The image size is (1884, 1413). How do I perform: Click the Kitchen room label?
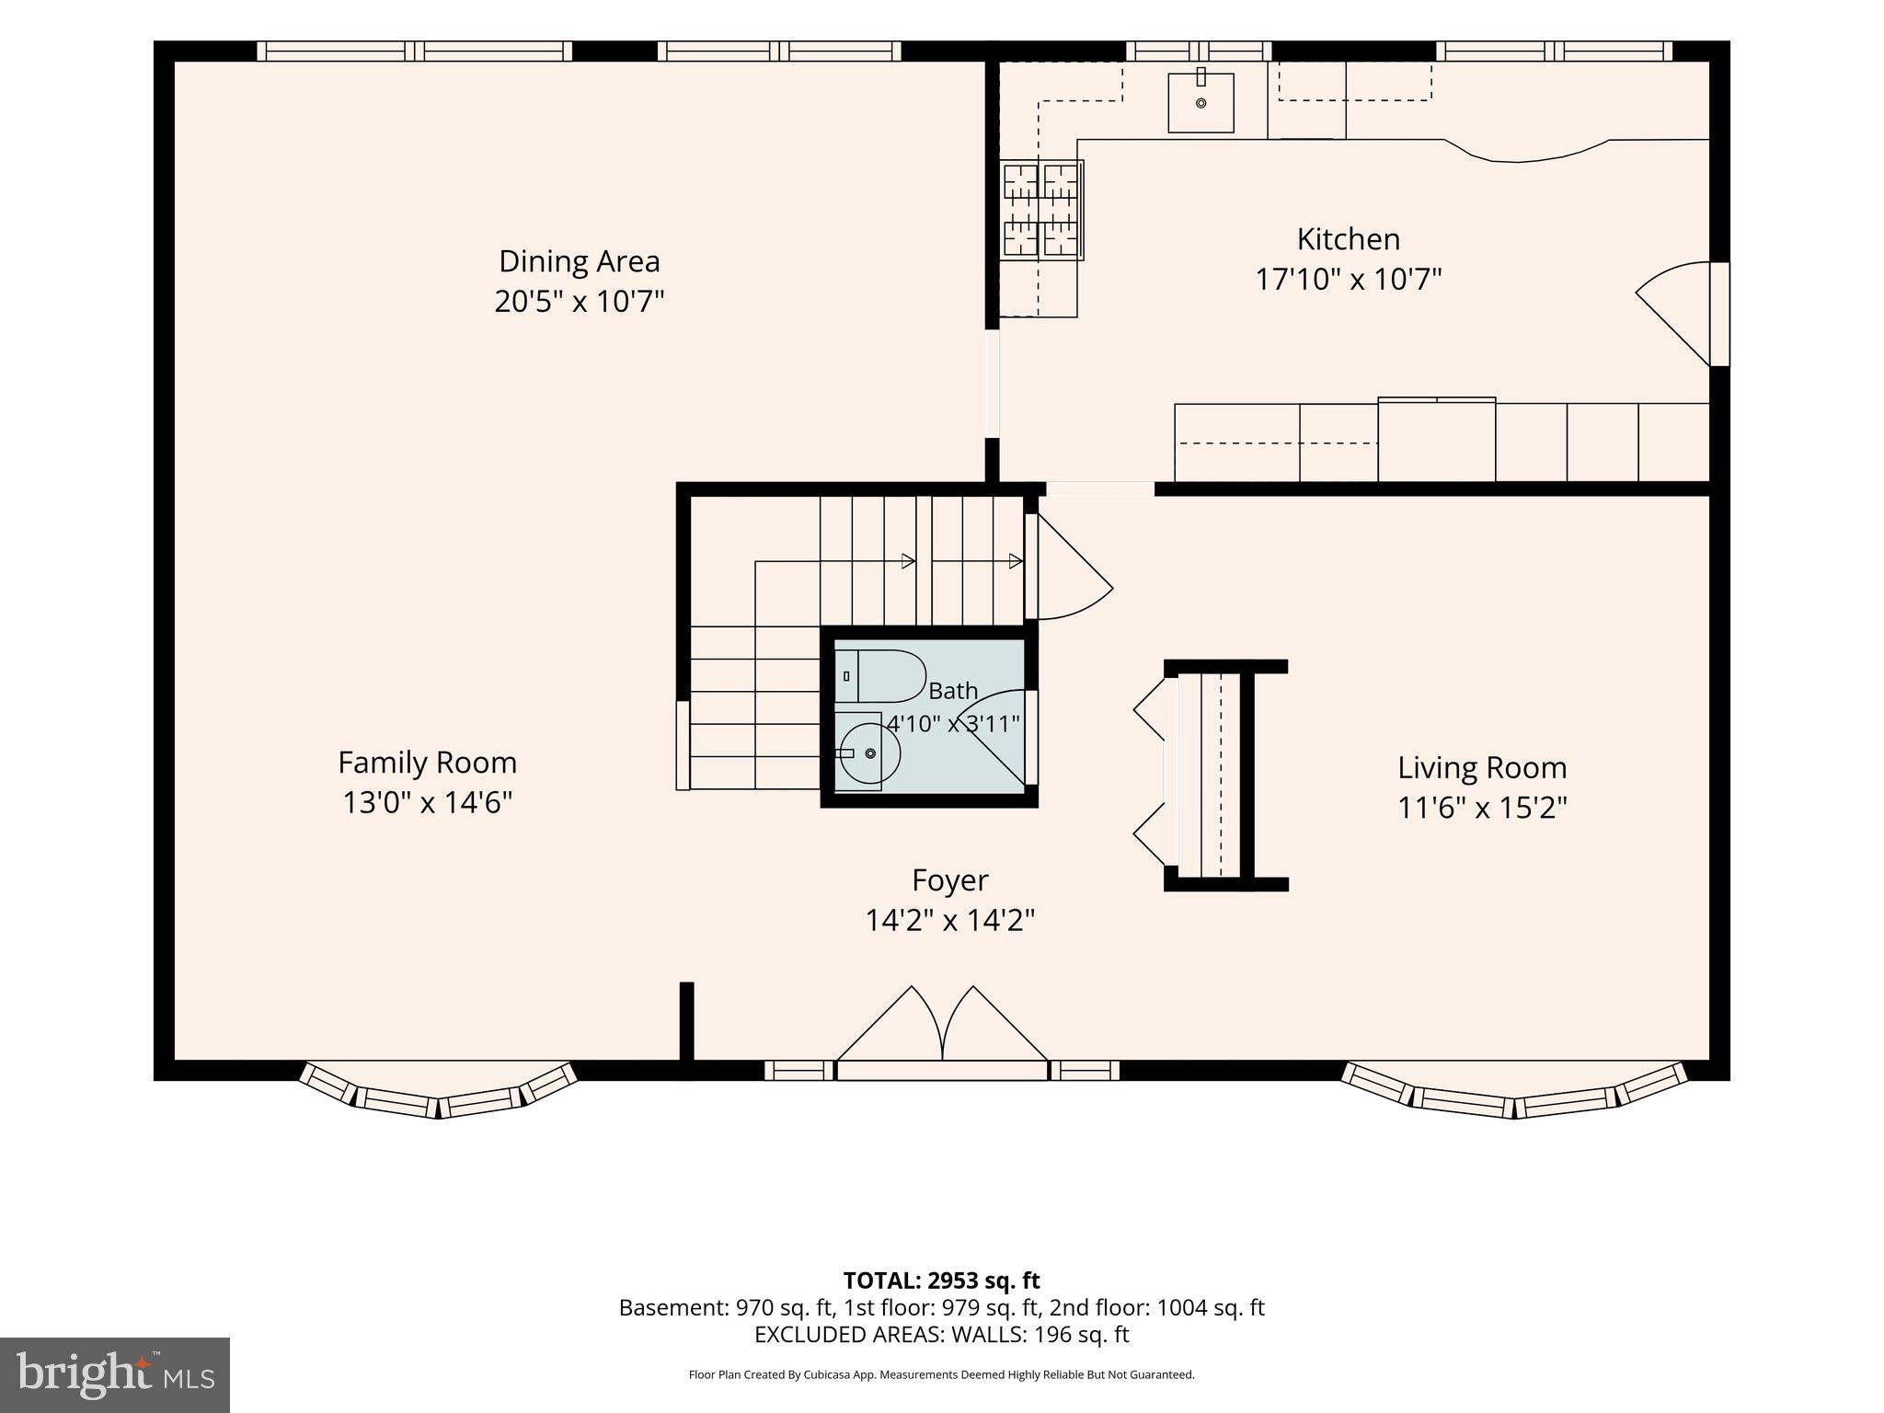pos(1349,239)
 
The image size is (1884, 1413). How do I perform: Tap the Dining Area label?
pos(580,261)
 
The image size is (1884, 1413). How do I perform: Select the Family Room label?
pos(427,763)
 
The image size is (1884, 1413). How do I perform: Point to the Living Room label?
pos(1482,768)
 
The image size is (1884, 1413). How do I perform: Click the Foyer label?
pos(950,880)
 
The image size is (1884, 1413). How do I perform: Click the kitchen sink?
pos(1200,102)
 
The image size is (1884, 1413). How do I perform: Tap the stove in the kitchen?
pos(1042,211)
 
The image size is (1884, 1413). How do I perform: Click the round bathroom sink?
pos(867,753)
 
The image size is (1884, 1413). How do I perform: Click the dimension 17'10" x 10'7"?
pos(1349,279)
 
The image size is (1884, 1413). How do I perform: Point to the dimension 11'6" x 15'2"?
pos(1482,808)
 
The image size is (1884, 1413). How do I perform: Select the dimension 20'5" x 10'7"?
pos(580,301)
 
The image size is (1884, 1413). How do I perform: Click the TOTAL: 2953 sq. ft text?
pos(941,1281)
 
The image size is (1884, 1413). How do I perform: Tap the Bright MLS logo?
pos(115,1375)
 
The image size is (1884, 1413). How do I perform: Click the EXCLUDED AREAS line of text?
pos(941,1334)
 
